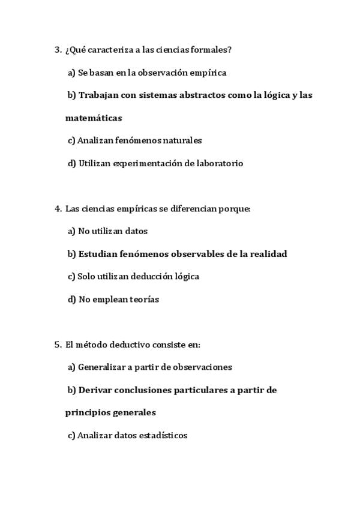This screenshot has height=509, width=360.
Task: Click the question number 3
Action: [58, 50]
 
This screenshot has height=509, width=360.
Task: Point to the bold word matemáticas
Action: [94, 118]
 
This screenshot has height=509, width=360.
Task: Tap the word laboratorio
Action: [220, 163]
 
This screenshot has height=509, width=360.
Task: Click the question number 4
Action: [58, 208]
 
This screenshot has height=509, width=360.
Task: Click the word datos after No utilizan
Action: [137, 231]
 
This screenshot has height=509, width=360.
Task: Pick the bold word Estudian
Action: [97, 254]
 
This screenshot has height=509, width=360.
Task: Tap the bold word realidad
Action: [268, 254]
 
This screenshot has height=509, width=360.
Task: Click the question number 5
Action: [58, 345]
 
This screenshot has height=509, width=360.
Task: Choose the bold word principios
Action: [86, 413]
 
